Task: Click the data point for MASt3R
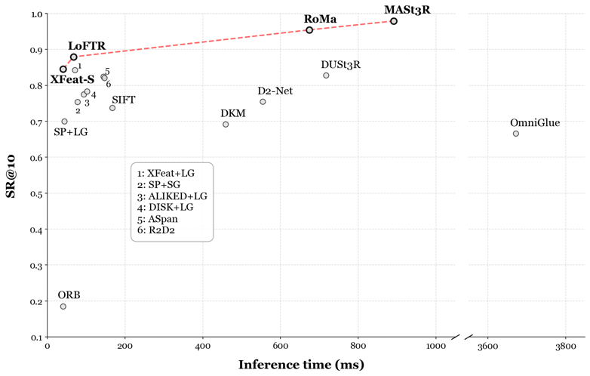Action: (394, 21)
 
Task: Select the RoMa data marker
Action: (309, 30)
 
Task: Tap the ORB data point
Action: (63, 307)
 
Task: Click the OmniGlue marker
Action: (516, 134)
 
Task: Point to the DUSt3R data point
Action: (326, 76)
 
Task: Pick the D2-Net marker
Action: (263, 102)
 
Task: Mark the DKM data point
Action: (226, 125)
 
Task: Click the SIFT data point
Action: (112, 108)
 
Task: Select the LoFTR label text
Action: (86, 47)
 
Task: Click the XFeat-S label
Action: (72, 79)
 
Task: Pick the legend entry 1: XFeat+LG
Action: (166, 173)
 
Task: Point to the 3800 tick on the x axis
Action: (565, 347)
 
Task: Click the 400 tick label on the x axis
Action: (202, 347)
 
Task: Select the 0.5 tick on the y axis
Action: (34, 194)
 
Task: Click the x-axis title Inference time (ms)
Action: (301, 365)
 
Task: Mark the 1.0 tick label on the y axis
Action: (34, 14)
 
